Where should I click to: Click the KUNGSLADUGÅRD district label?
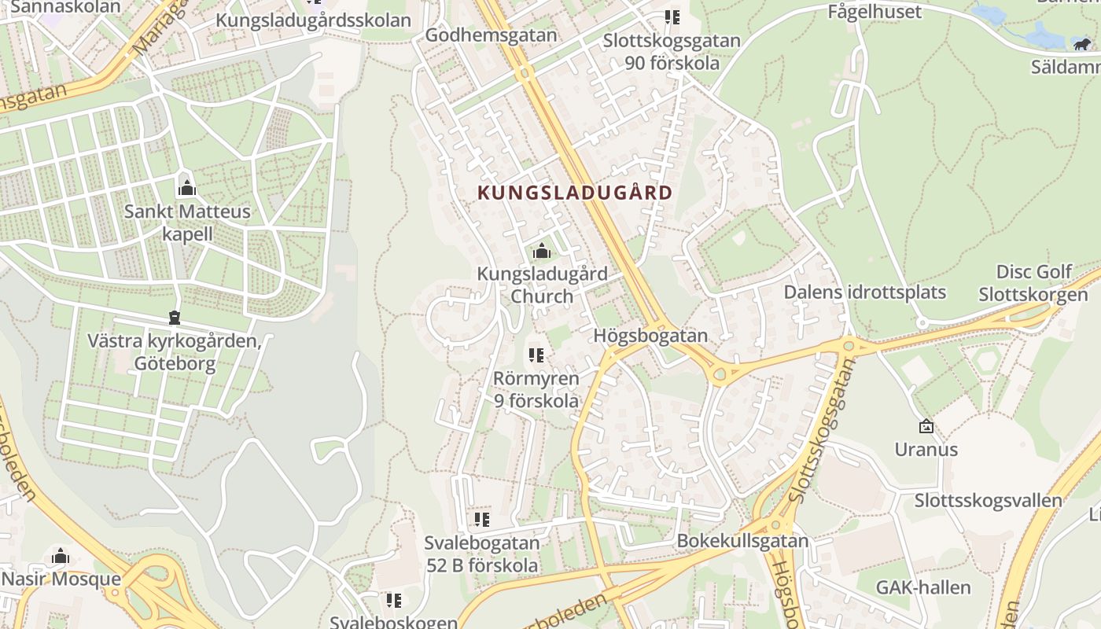click(x=575, y=193)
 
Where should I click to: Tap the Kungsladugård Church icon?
click(x=541, y=252)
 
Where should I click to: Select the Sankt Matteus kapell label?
click(x=187, y=223)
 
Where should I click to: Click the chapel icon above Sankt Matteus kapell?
click(x=187, y=187)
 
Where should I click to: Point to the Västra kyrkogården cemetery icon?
click(x=174, y=318)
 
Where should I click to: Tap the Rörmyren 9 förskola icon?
click(x=536, y=355)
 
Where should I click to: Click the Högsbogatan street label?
click(x=650, y=336)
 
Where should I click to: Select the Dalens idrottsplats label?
click(x=864, y=292)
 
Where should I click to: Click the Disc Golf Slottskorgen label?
click(x=1033, y=284)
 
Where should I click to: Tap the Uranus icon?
click(x=926, y=426)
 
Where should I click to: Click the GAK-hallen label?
click(x=923, y=587)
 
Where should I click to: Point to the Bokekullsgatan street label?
click(x=742, y=541)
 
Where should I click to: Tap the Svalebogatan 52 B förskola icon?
click(x=481, y=519)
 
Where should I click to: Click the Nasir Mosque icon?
click(x=61, y=557)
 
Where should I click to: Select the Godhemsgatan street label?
click(x=491, y=35)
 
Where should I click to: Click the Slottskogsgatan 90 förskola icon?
click(x=672, y=17)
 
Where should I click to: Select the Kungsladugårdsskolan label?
click(x=313, y=20)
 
